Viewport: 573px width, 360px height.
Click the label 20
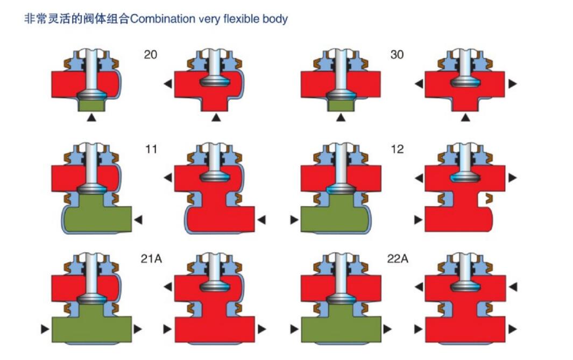150,54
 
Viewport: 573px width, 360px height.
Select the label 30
397,54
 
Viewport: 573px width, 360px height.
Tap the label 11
151,149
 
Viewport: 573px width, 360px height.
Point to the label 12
397,149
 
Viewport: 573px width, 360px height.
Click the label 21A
151,259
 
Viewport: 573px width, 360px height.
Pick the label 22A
398,259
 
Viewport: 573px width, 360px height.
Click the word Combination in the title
162,19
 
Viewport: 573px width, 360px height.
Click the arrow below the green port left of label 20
91,117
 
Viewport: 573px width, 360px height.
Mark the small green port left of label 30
341,105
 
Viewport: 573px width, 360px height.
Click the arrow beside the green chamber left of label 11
138,220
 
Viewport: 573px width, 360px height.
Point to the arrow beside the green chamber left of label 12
294,220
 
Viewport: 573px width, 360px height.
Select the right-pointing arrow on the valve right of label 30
513,84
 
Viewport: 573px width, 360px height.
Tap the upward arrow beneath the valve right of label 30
465,117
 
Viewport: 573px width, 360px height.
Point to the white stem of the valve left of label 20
91,71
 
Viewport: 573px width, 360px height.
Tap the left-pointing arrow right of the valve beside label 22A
513,287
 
